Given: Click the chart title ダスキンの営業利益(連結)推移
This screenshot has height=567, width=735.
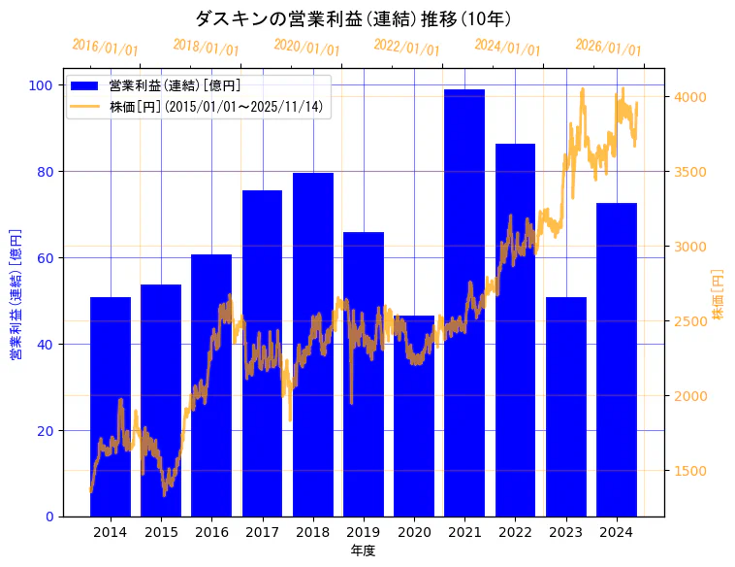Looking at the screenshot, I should point(353,18).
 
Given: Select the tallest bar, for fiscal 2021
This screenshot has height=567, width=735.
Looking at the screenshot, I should point(464,301).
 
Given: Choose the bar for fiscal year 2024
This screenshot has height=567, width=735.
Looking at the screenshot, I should point(617,359).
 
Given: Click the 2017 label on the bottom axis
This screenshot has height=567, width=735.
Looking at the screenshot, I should point(262,532).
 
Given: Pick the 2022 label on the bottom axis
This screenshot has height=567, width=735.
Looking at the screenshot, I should point(515,532).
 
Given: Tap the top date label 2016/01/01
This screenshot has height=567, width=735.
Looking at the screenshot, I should point(105,48).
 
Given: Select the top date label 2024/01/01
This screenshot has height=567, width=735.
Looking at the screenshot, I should point(507,48).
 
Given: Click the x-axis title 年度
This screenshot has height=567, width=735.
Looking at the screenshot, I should point(363,550).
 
